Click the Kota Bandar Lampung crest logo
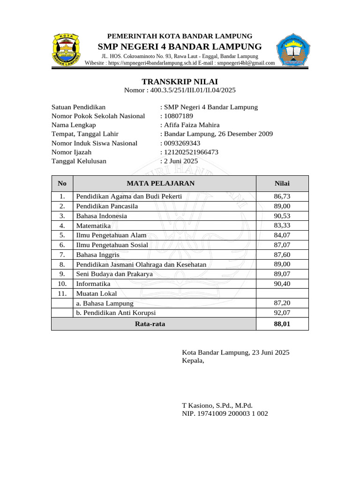tap(65, 49)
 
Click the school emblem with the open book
tap(293, 50)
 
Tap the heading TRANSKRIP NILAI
tap(180, 82)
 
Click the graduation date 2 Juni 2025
tap(181, 161)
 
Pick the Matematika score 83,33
tap(282, 225)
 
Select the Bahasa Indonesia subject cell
tap(102, 216)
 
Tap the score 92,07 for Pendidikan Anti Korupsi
tap(282, 313)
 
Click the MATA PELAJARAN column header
tap(165, 183)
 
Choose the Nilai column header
tap(282, 183)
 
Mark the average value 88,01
tap(282, 323)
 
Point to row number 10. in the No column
tap(62, 284)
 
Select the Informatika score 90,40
tap(282, 284)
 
